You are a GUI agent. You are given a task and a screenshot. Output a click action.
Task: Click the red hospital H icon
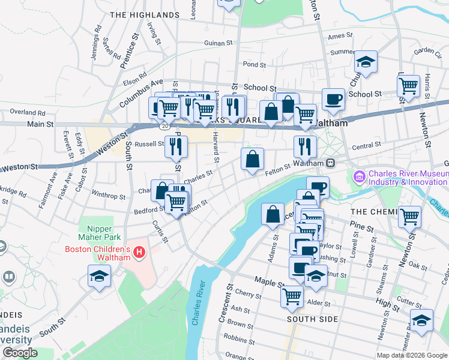click(x=139, y=253)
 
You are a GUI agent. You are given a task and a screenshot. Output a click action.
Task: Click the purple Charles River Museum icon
click(x=360, y=177)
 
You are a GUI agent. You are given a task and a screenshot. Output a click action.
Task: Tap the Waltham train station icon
click(x=331, y=163)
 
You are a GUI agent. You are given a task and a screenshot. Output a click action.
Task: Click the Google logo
click(x=20, y=353)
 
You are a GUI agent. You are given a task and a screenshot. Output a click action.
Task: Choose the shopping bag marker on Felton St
click(x=253, y=160)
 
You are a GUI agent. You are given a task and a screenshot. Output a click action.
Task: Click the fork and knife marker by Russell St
click(x=176, y=146)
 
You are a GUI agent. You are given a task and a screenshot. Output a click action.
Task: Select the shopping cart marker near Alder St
click(x=292, y=295)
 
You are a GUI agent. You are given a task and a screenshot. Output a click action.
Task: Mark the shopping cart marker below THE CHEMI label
click(x=410, y=217)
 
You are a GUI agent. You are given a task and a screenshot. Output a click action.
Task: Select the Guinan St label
click(x=218, y=43)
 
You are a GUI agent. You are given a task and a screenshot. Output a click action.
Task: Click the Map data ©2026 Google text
click(x=412, y=355)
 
